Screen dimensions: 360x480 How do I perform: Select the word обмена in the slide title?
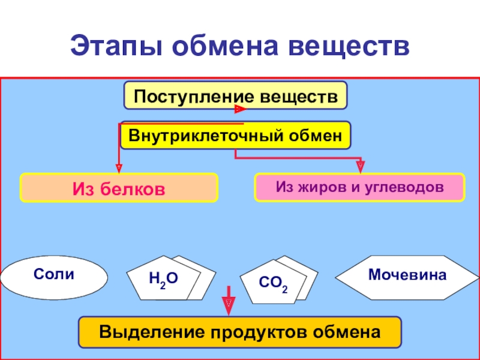coord(226,46)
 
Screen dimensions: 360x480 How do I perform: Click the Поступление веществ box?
coord(235,95)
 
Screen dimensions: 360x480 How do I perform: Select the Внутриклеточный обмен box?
coord(235,136)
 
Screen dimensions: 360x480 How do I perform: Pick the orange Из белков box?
coord(119,188)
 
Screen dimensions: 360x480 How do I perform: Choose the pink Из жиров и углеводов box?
coord(360,187)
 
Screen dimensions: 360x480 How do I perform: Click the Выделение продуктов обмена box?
coord(240,332)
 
